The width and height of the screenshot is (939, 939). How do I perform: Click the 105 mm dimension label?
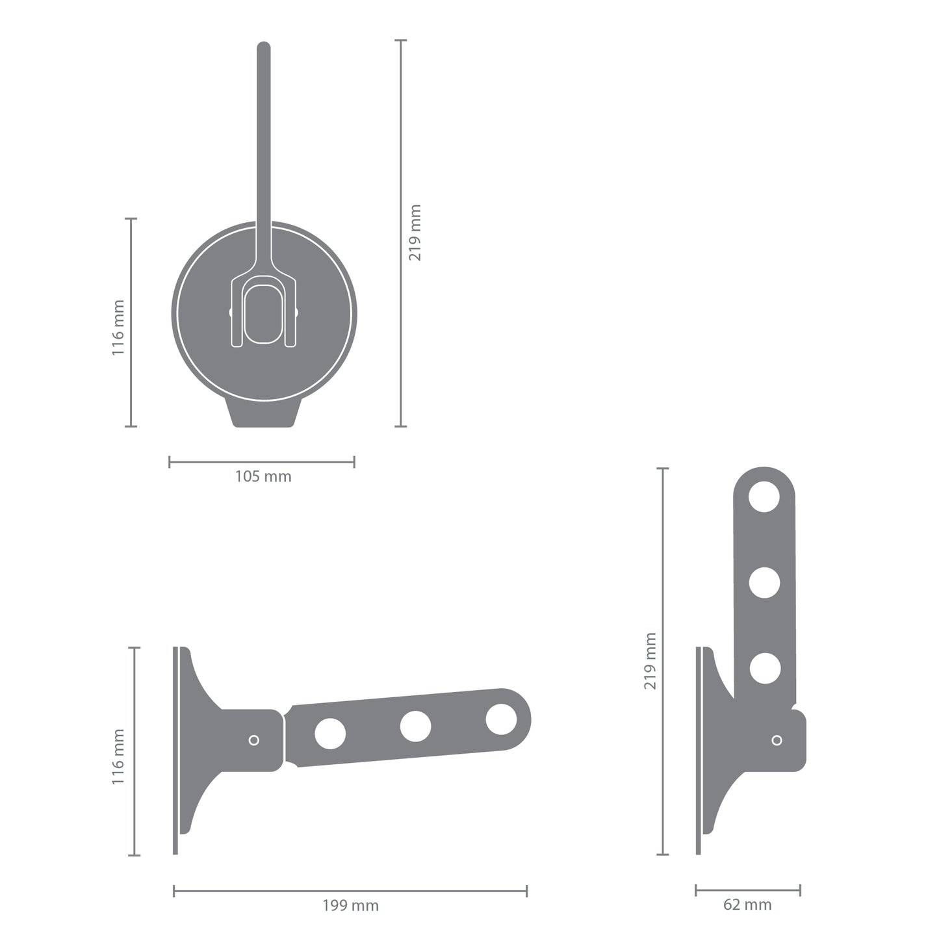click(x=263, y=476)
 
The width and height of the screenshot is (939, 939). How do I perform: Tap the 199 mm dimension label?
click(x=350, y=905)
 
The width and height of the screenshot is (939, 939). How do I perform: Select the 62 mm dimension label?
click(x=747, y=904)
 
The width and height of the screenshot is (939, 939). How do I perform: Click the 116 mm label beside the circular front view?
click(x=118, y=328)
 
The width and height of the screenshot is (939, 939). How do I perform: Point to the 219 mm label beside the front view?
click(x=415, y=233)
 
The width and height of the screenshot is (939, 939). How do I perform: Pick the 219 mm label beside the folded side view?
click(x=650, y=661)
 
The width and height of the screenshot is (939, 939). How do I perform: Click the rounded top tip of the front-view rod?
click(x=264, y=47)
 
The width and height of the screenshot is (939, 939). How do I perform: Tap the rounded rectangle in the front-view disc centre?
click(x=263, y=313)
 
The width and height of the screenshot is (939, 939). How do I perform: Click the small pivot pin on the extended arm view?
click(x=254, y=740)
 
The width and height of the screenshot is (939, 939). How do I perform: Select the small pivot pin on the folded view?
click(x=776, y=740)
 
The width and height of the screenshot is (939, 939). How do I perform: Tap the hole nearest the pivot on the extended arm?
click(x=330, y=733)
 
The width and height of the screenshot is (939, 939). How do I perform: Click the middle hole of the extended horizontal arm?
click(x=416, y=727)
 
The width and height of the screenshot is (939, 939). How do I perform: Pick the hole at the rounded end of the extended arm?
click(x=501, y=720)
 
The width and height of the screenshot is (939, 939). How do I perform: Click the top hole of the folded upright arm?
click(x=764, y=498)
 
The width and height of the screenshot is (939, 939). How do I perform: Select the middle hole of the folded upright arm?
click(x=764, y=583)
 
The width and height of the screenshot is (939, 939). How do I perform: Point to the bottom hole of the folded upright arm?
click(x=764, y=668)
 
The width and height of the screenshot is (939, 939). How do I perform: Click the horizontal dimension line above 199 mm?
click(x=350, y=891)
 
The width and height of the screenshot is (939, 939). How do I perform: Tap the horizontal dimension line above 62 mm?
click(x=747, y=890)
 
